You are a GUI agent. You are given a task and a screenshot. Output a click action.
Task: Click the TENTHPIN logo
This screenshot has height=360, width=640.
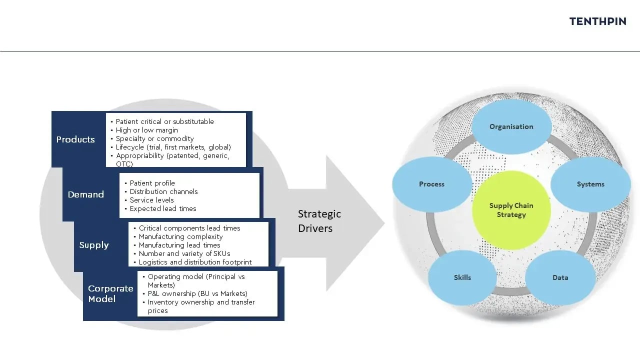597,21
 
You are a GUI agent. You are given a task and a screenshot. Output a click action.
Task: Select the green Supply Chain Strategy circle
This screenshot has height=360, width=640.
511,210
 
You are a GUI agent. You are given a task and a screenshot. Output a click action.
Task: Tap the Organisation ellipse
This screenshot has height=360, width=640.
511,126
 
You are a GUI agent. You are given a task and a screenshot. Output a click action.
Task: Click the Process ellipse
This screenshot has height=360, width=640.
431,184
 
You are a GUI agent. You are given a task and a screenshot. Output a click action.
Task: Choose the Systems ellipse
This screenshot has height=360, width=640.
590,184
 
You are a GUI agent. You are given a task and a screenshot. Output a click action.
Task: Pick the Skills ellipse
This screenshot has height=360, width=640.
462,277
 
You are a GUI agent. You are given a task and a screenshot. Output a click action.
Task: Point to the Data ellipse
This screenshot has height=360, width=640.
560,277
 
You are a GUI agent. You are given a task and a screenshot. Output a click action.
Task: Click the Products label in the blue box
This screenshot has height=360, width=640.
75,139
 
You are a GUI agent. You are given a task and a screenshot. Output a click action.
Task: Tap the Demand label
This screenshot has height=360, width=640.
86,194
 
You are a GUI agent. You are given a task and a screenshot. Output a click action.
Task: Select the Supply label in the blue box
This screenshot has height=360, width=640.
94,245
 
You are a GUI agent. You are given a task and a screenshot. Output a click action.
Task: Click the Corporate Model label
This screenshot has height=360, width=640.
110,293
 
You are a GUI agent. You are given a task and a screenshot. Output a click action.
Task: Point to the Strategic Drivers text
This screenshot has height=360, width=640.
319,221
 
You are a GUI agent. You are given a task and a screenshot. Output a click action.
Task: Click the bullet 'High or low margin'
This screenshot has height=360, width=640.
146,130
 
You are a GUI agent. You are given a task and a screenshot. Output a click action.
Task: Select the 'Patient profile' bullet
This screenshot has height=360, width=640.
152,183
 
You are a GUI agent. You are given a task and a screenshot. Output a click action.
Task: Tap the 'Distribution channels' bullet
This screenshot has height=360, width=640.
163,191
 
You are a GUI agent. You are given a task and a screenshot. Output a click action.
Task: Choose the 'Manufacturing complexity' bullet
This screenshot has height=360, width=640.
180,236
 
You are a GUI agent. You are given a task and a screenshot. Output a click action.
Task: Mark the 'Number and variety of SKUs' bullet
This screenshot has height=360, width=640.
184,253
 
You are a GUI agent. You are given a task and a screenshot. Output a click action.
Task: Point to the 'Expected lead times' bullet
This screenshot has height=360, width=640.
162,208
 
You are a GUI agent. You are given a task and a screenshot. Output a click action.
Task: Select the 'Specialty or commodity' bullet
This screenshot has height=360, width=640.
154,138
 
